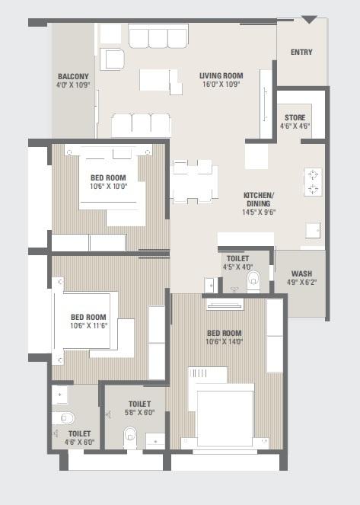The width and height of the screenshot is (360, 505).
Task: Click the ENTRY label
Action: pyautogui.click(x=301, y=53)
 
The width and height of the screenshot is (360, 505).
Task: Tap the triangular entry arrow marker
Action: pyautogui.click(x=309, y=20)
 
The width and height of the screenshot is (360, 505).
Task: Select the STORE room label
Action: pyautogui.click(x=295, y=117)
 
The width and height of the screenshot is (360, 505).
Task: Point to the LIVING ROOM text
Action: pyautogui.click(x=221, y=75)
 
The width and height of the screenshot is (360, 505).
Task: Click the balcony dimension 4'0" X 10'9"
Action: pyautogui.click(x=73, y=85)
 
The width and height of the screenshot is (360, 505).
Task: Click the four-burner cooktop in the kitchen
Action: pyautogui.click(x=313, y=182)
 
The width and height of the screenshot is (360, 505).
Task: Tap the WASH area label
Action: pyautogui.click(x=301, y=274)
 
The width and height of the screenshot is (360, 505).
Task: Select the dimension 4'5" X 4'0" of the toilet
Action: pyautogui.click(x=237, y=267)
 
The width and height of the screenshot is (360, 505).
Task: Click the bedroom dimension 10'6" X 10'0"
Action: pyautogui.click(x=108, y=185)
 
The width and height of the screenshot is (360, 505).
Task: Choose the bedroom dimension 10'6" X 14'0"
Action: pyautogui.click(x=224, y=342)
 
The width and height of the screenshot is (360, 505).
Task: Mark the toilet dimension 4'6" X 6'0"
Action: pyautogui.click(x=79, y=442)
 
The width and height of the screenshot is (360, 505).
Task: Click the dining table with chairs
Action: pyautogui.click(x=193, y=181)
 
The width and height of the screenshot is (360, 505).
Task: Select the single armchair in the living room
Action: pyautogui.click(x=111, y=59)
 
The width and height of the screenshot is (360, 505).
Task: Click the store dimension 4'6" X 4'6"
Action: pyautogui.click(x=295, y=126)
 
